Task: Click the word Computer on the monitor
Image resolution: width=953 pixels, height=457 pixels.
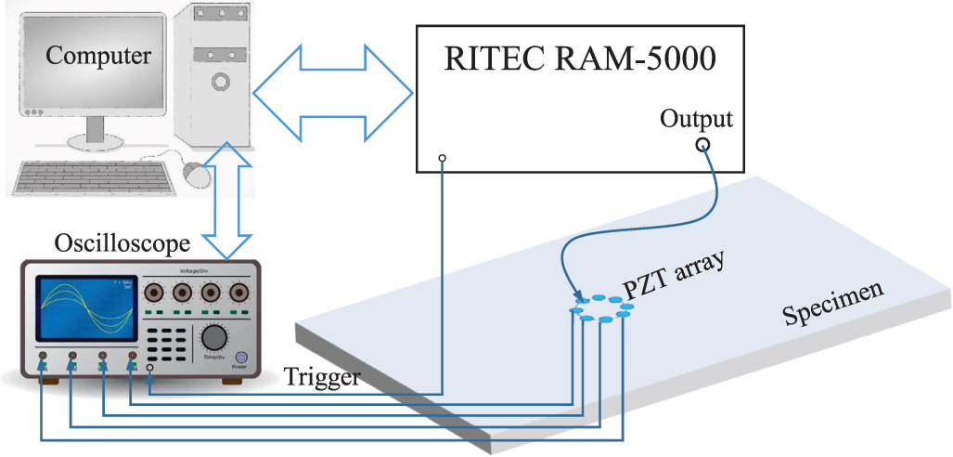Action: point(98,55)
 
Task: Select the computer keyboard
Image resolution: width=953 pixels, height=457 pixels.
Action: point(93,176)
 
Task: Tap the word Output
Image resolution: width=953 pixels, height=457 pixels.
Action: point(696,119)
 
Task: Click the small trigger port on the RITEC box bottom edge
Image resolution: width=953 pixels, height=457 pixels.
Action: point(443,159)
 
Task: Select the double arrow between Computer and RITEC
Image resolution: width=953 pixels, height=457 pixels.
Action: point(333,91)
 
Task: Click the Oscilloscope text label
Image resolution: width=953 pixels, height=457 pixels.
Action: point(121,244)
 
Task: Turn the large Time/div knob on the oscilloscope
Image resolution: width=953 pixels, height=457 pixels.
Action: point(214,336)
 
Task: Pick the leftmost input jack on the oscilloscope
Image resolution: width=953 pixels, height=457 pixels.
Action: point(43,356)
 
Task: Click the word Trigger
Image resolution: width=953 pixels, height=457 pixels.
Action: point(320,375)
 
